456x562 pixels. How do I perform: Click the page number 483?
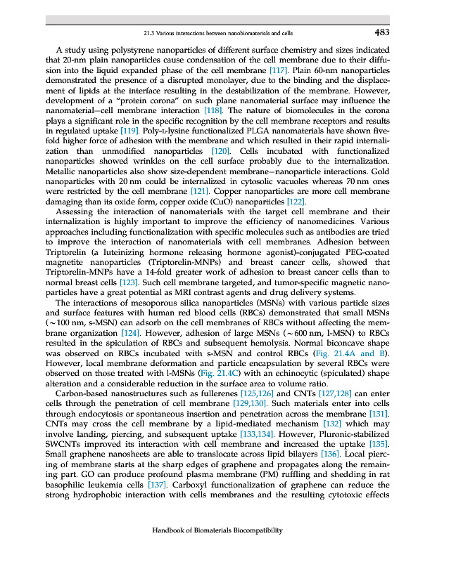tap(381, 32)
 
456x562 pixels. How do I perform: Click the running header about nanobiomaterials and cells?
tap(217, 33)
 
